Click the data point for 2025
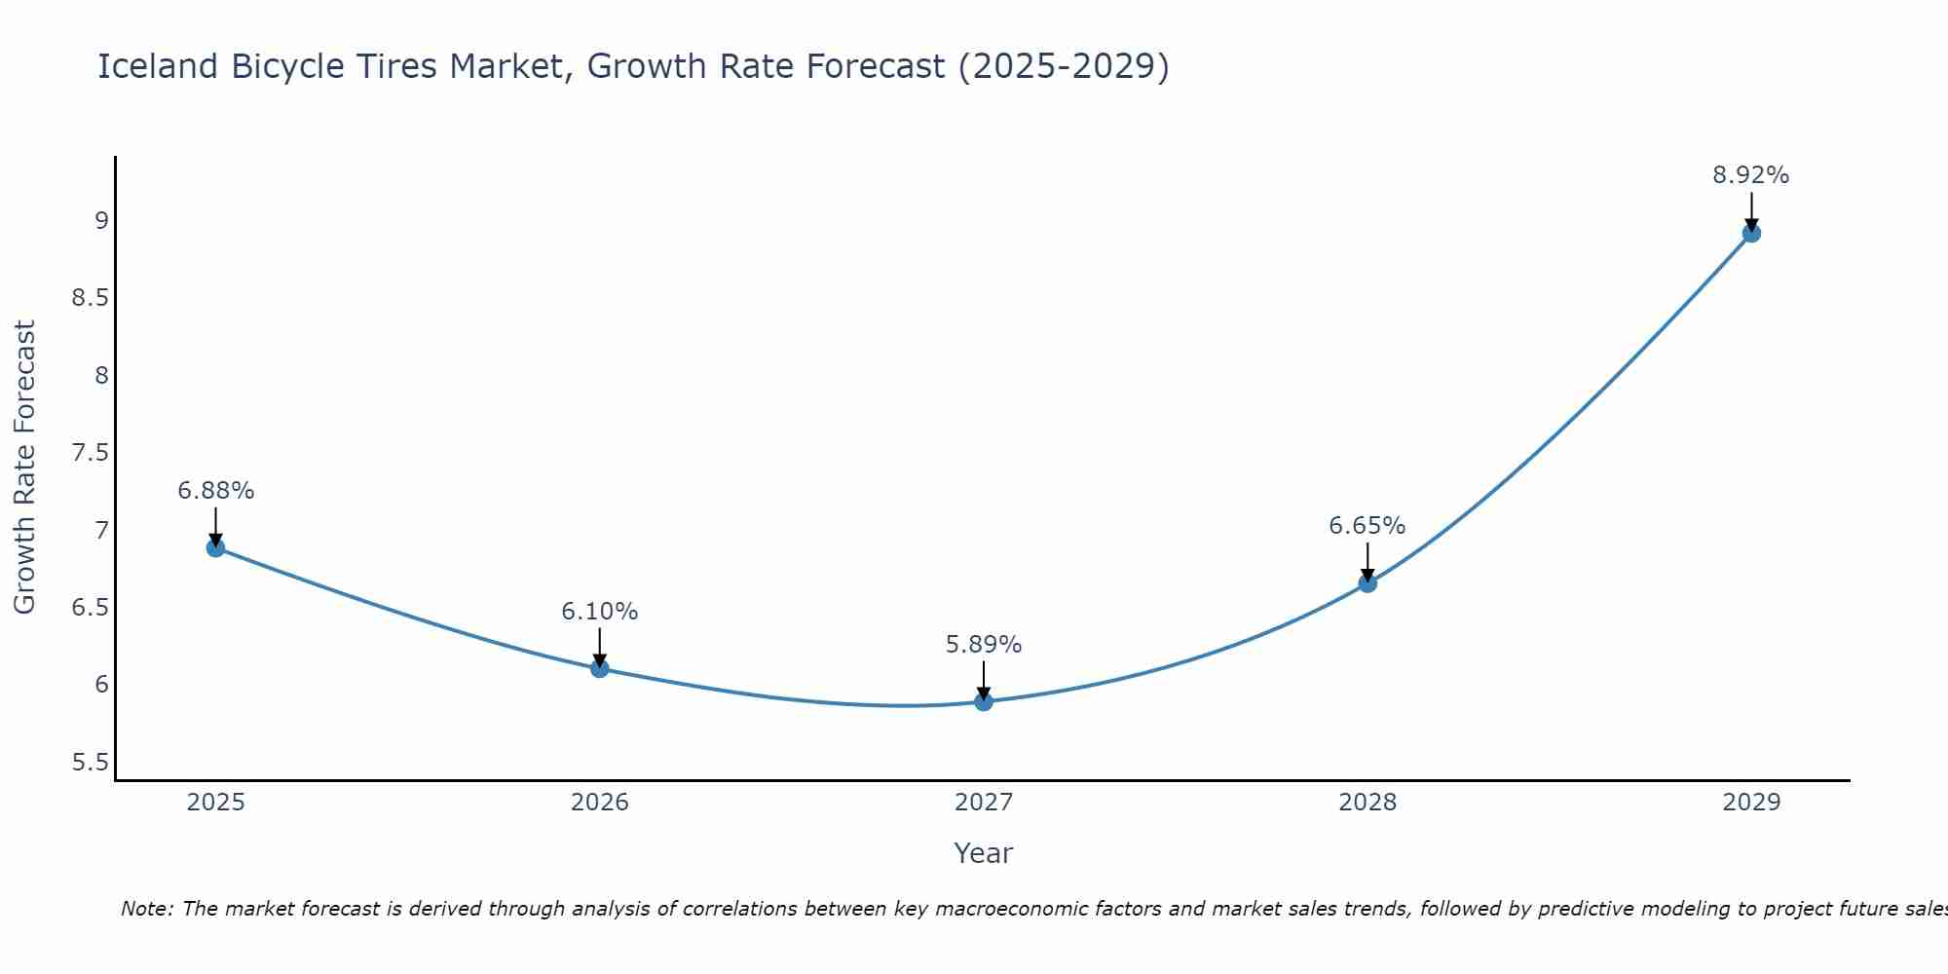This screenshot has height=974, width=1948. click(x=215, y=547)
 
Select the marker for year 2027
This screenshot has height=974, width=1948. click(x=984, y=701)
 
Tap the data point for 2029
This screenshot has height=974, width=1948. click(x=1751, y=233)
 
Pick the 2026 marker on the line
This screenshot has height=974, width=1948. click(x=600, y=668)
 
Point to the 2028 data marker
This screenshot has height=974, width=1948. click(x=1367, y=583)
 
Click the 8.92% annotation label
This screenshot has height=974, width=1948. click(x=1750, y=175)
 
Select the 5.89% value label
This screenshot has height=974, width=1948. click(x=984, y=645)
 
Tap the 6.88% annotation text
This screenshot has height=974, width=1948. click(x=215, y=491)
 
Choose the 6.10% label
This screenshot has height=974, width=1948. click(x=600, y=612)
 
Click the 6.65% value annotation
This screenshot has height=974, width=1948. click(x=1367, y=526)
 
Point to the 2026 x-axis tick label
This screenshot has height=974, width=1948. click(x=600, y=803)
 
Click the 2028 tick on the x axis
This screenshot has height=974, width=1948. click(x=1367, y=803)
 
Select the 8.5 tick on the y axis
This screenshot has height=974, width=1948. click(x=90, y=298)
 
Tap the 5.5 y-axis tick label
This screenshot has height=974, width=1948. click(x=90, y=762)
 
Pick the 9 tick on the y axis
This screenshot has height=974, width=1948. click(x=101, y=221)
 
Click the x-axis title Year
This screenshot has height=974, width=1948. click(x=984, y=853)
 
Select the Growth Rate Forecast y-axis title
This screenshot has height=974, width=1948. click(x=25, y=468)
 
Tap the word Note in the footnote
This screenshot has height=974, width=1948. click(x=146, y=909)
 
